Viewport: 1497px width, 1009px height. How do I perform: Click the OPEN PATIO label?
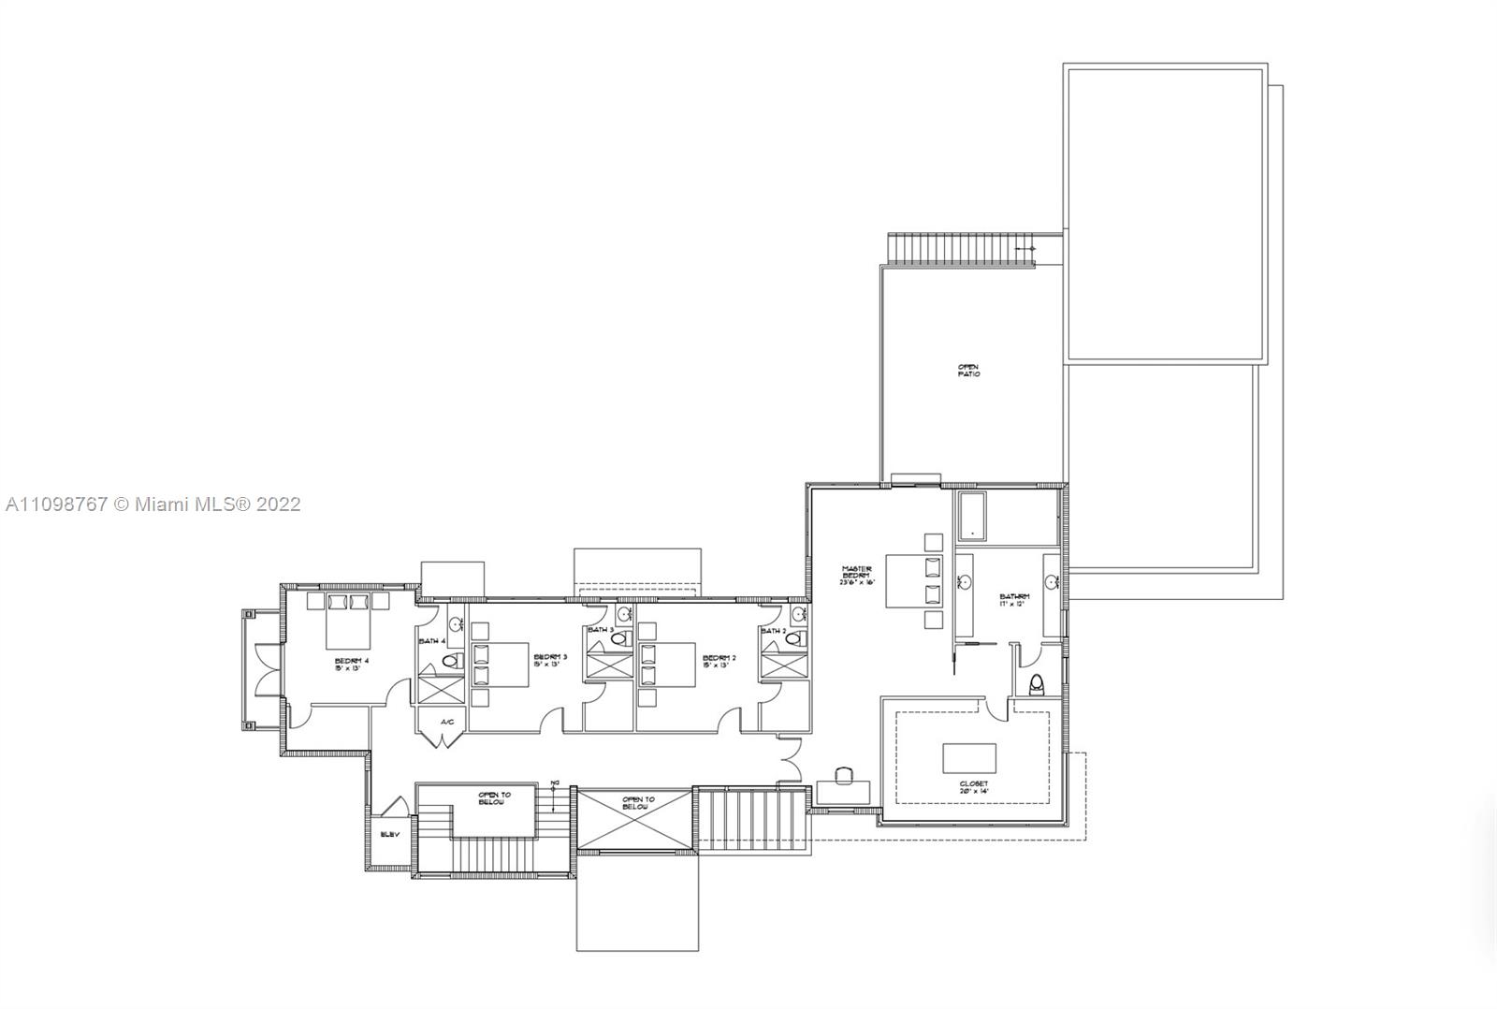tap(968, 371)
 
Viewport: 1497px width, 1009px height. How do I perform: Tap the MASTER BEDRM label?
tap(855, 574)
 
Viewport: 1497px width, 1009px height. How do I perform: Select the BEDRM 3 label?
tap(550, 661)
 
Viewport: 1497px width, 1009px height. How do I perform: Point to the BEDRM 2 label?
tap(719, 661)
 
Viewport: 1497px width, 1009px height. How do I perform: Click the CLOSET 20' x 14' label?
tap(973, 787)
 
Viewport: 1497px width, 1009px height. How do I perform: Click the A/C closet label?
tap(446, 722)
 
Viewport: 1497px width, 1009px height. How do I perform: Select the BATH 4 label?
tap(431, 641)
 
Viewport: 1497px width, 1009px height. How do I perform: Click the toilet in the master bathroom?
tap(1035, 684)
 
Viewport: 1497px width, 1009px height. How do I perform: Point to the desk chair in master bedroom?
tap(843, 775)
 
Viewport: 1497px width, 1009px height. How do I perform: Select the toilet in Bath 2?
tap(794, 640)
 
